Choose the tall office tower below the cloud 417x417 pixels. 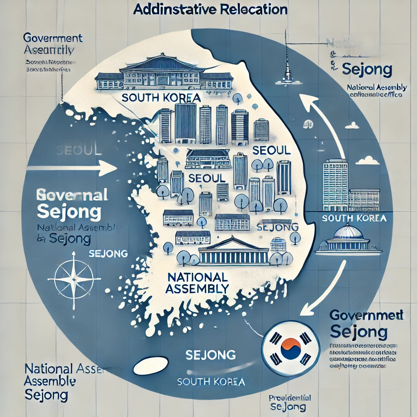335,183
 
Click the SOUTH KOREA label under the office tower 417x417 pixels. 353,218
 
